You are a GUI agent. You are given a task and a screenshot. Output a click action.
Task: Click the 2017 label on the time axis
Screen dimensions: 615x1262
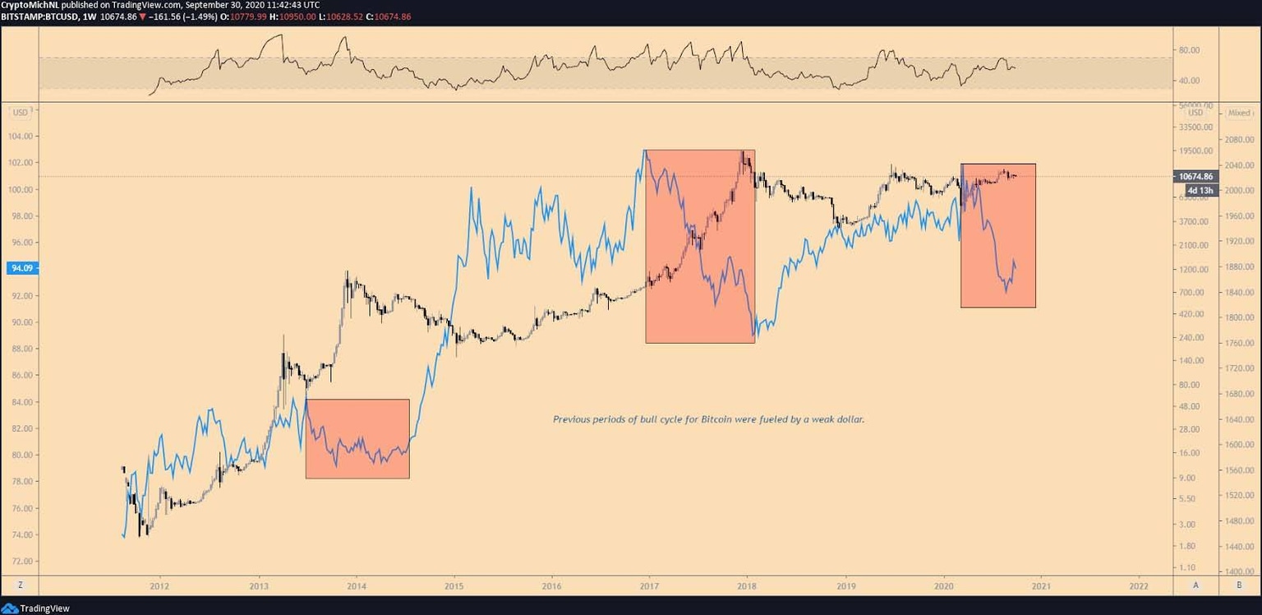coord(649,585)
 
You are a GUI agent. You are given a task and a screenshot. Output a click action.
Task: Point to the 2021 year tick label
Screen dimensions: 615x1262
coord(1041,585)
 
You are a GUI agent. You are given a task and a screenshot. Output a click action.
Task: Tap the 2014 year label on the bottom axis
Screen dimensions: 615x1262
coord(356,585)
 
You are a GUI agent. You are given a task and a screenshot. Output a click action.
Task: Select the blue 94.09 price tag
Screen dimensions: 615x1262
coord(16,268)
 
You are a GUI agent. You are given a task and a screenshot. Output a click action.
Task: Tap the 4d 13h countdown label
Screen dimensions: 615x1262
coord(1200,191)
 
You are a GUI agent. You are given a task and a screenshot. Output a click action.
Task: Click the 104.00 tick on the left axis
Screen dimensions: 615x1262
coord(21,136)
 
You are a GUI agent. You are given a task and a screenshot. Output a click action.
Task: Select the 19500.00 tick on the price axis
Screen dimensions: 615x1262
coord(1195,151)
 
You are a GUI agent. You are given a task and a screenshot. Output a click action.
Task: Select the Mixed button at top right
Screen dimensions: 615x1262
coord(1239,113)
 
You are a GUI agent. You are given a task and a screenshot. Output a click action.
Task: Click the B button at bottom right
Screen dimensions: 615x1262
coord(1239,585)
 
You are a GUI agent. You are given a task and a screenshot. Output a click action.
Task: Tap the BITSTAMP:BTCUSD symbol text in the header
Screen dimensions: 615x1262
coord(39,16)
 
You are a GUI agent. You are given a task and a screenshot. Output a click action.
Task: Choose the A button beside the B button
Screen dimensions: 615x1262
coord(1195,585)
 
